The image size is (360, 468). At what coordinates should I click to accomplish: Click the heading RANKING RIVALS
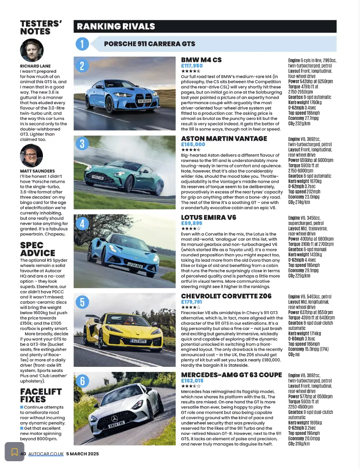116,26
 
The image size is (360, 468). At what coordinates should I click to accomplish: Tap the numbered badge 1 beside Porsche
82,44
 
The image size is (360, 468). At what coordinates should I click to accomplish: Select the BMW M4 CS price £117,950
192,66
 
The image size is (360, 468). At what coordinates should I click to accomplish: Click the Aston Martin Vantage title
224,139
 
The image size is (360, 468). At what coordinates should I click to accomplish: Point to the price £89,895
191,223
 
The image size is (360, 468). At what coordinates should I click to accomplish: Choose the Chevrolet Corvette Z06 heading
225,296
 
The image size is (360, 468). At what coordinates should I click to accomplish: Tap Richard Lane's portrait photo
32,51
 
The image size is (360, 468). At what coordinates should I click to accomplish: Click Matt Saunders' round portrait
32,156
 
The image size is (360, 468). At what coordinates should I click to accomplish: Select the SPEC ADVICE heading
38,250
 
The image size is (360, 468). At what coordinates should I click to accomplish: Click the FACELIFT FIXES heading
41,396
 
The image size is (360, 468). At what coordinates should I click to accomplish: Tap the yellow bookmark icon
14,451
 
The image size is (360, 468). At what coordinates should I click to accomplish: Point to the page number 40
23,454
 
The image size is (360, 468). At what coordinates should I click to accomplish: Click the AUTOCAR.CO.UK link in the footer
46,454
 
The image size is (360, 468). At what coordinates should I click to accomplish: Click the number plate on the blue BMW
145,101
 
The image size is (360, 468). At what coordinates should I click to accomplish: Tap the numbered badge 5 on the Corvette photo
82,302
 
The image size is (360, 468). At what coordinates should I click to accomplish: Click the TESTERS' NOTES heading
41,27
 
